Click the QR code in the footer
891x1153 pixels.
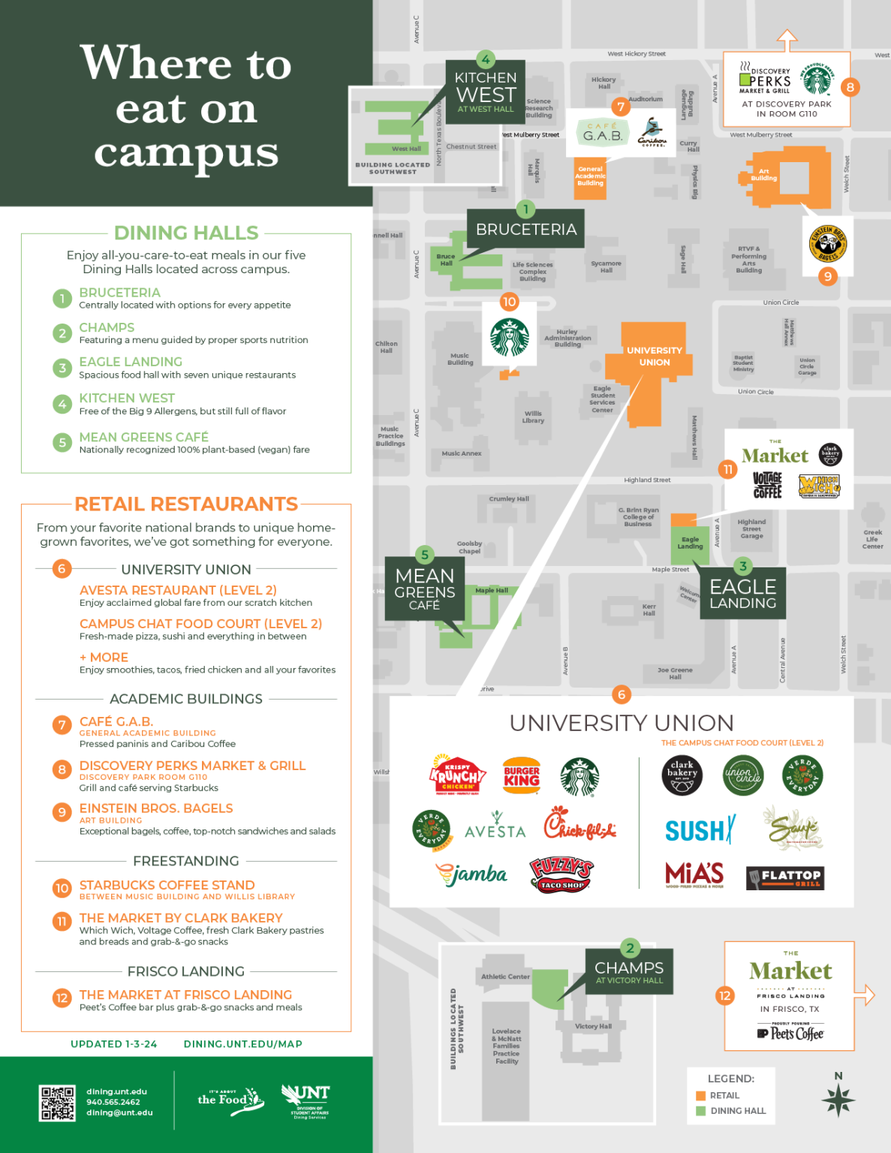coord(57,1103)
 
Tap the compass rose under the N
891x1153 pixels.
coord(838,1100)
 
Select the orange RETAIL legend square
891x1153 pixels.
coord(701,1096)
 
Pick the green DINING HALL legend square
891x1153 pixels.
coord(701,1111)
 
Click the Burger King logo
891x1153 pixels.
coord(522,776)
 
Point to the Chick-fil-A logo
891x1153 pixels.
coord(579,823)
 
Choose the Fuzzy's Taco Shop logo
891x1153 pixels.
coord(561,875)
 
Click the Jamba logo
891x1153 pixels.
coord(471,875)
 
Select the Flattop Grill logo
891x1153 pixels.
coord(785,877)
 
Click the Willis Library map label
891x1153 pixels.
coord(533,417)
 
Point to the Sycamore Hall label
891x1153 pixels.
coord(606,266)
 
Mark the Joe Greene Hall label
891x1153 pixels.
coord(675,673)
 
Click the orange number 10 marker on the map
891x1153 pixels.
coord(510,302)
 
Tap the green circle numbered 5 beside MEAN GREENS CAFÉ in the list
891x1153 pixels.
coord(62,443)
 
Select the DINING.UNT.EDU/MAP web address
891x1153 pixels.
coord(242,1044)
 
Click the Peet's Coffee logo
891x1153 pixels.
coord(790,1034)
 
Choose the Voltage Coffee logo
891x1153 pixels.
coord(767,486)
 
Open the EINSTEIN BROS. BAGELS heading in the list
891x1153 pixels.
coord(156,808)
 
